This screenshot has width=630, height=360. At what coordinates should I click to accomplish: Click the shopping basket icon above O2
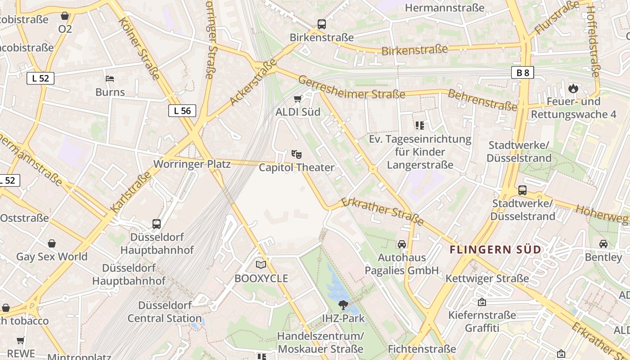65,16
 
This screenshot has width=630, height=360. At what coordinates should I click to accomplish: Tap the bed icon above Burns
110,79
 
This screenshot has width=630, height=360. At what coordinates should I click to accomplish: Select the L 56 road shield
182,110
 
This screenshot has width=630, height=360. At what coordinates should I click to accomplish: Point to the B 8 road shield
522,72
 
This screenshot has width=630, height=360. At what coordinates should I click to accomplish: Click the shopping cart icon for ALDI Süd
297,99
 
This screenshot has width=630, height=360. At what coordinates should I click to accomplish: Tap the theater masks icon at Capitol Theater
296,154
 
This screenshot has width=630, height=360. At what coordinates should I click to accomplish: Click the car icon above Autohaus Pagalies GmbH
401,244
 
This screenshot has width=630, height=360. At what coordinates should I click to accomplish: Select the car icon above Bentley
603,244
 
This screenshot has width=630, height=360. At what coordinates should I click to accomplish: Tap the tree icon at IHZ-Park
343,305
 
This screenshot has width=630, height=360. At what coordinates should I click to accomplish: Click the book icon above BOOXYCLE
261,265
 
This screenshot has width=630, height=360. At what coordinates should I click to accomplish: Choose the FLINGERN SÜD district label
495,249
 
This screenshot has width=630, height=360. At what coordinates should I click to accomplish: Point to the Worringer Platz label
192,164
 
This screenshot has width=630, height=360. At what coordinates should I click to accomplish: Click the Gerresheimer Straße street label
351,88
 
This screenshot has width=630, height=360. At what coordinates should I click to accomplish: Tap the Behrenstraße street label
482,100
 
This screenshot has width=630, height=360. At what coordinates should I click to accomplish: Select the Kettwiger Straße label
487,279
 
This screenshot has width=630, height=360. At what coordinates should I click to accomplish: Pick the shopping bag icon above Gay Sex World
52,243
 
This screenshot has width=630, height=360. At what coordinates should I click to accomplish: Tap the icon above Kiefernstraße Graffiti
482,302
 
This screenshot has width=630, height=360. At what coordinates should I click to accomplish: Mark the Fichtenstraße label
422,349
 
